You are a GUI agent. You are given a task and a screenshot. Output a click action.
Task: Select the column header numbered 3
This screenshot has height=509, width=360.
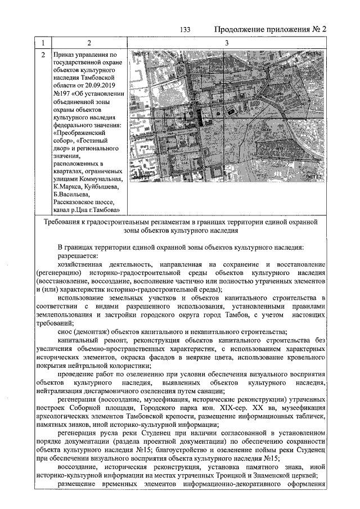(226, 43)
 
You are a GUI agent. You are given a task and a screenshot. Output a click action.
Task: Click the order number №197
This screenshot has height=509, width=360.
(61, 93)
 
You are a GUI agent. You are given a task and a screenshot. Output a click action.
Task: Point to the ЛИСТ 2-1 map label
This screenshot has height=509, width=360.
(143, 177)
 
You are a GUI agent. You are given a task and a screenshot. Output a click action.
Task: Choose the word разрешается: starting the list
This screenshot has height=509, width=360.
(78, 256)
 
